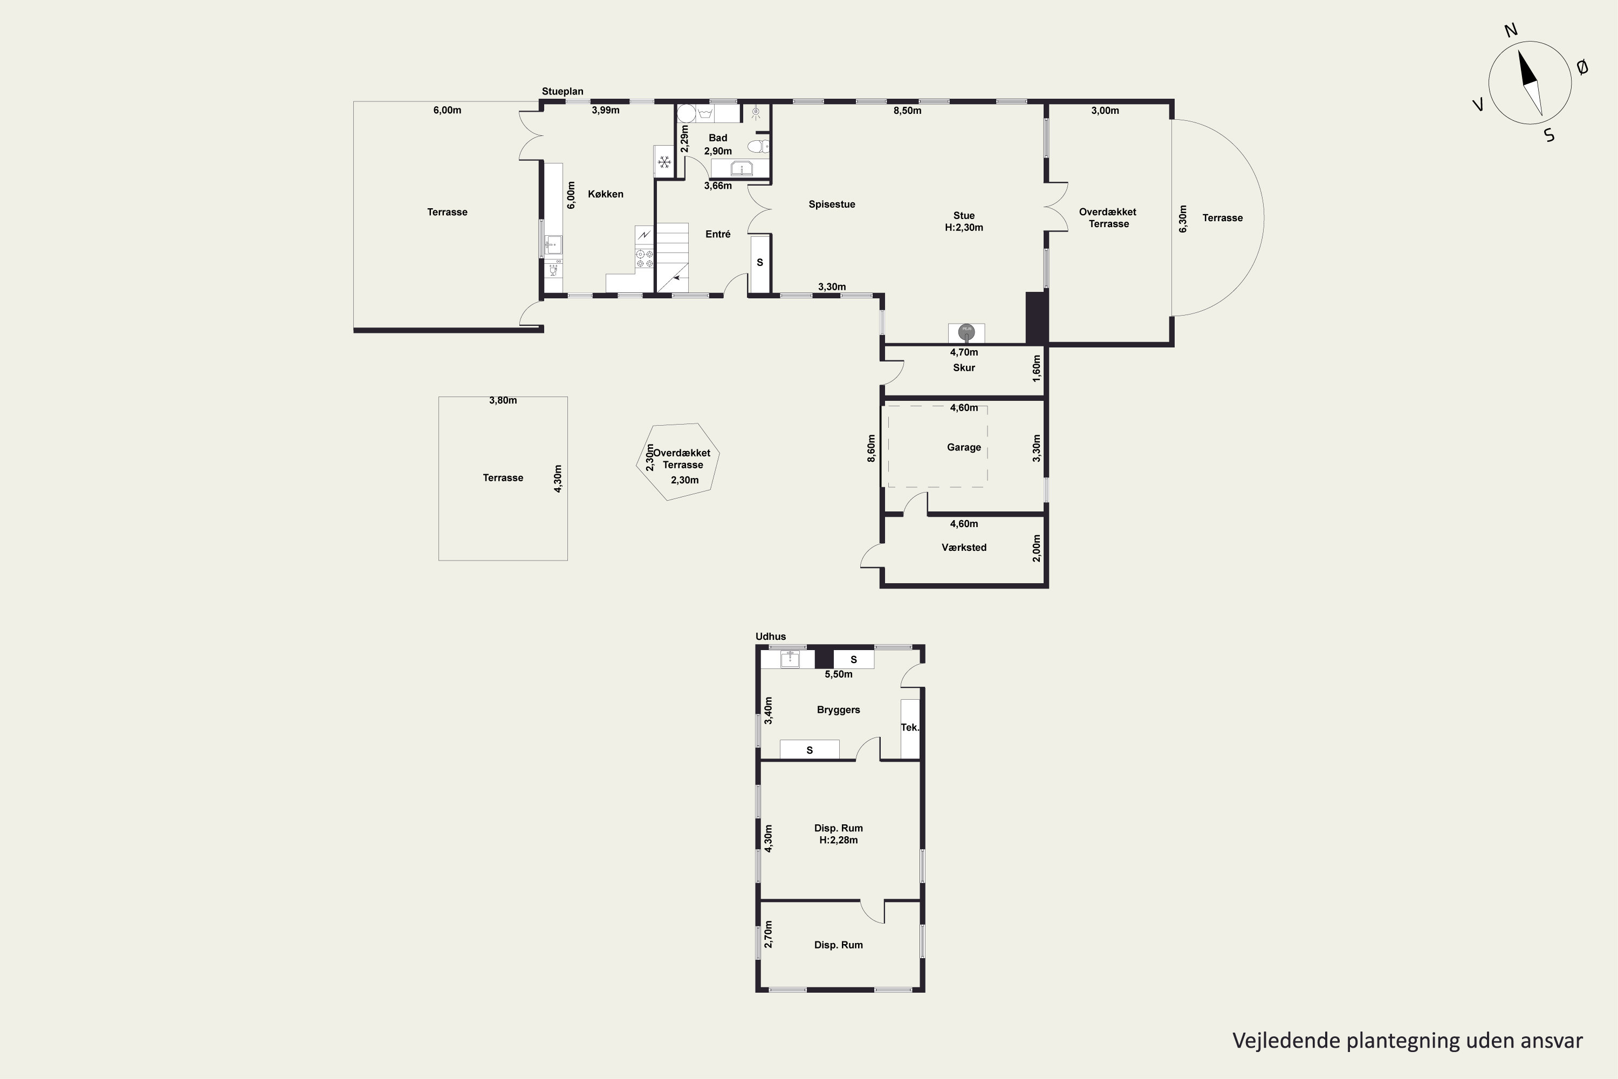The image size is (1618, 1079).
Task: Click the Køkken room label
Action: point(605,194)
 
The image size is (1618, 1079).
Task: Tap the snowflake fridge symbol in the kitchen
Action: point(664,162)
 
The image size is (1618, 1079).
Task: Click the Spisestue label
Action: point(832,204)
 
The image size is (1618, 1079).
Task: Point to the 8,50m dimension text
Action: point(907,110)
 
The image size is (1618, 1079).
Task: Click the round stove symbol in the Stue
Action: point(966,332)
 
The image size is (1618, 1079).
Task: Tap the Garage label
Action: point(964,447)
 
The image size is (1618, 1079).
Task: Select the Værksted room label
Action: point(964,548)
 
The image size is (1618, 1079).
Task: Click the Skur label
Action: point(964,367)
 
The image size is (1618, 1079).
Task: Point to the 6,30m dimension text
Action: point(1183,219)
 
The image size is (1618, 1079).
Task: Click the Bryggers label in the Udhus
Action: point(839,710)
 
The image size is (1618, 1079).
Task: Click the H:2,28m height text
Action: point(839,840)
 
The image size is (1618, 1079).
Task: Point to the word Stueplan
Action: point(562,92)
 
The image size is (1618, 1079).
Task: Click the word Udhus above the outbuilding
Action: point(771,637)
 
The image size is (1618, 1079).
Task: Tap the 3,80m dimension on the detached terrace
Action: point(503,400)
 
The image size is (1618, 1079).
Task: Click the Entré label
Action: point(717,234)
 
